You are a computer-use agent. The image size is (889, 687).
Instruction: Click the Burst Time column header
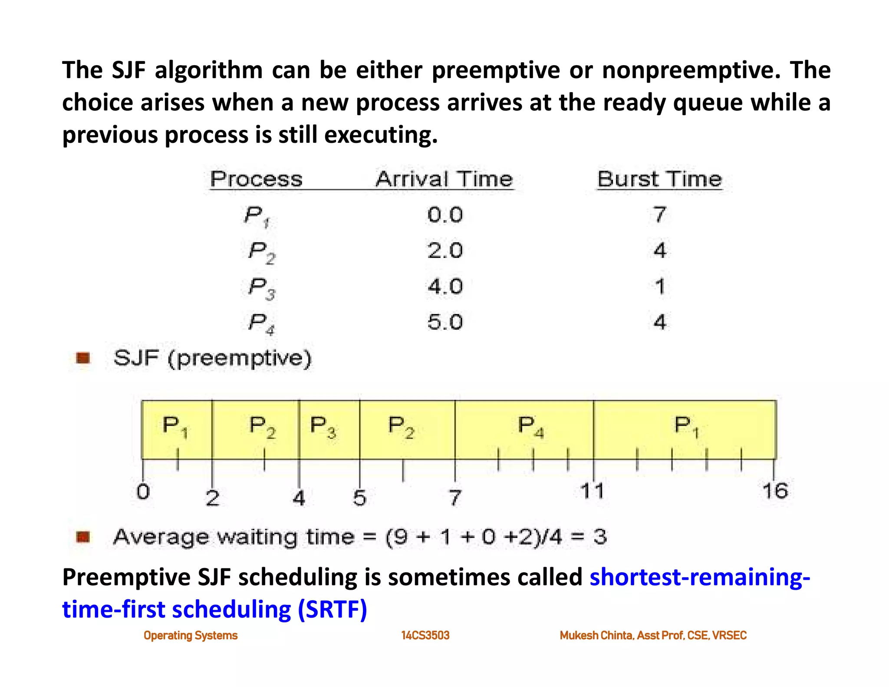pyautogui.click(x=659, y=179)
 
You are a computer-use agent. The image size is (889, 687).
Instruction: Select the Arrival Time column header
pyautogui.click(x=444, y=179)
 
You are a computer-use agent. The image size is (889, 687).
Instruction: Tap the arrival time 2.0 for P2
pyautogui.click(x=445, y=251)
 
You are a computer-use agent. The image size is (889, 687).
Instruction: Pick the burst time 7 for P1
pyautogui.click(x=659, y=215)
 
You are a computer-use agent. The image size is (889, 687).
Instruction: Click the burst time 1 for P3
pyautogui.click(x=660, y=287)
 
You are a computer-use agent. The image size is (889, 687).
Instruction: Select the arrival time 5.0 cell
pyautogui.click(x=445, y=322)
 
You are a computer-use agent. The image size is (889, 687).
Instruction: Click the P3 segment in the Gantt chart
pyautogui.click(x=329, y=429)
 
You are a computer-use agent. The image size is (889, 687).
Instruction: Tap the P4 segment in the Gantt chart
pyautogui.click(x=524, y=429)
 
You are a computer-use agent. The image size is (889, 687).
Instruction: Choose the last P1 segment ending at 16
pyautogui.click(x=685, y=429)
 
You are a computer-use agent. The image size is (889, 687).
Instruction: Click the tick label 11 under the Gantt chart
pyautogui.click(x=592, y=491)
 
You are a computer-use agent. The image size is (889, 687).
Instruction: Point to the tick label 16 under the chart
pyautogui.click(x=775, y=491)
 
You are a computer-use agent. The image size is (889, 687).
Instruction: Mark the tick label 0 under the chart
pyautogui.click(x=143, y=492)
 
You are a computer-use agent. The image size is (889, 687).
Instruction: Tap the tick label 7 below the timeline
pyautogui.click(x=454, y=498)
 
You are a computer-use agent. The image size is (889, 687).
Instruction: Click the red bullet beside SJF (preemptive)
pyautogui.click(x=83, y=358)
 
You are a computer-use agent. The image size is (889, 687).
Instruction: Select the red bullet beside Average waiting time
pyautogui.click(x=83, y=537)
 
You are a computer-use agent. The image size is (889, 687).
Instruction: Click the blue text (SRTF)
pyautogui.click(x=332, y=609)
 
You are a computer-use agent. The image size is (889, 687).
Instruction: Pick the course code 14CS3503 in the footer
pyautogui.click(x=425, y=636)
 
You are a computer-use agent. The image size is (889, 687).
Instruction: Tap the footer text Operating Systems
pyautogui.click(x=191, y=636)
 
